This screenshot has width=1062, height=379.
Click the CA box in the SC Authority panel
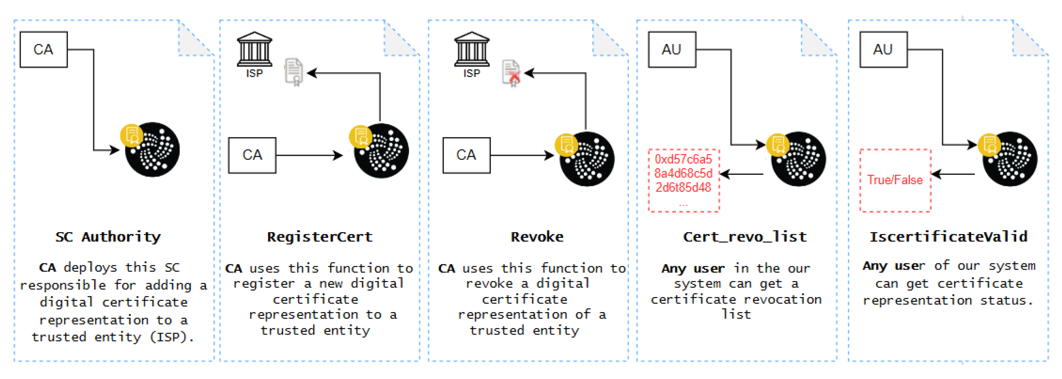43,50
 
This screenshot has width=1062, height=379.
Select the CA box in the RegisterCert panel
252,155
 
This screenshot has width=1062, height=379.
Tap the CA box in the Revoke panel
466,155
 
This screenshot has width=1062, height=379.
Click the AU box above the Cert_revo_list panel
671,50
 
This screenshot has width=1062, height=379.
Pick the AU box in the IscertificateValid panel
883,50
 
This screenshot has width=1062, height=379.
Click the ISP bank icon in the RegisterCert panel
255,50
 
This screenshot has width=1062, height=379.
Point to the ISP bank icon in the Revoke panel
472,50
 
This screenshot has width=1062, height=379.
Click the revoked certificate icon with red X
511,73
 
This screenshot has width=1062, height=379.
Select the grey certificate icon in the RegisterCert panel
294,72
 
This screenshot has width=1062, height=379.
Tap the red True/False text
895,180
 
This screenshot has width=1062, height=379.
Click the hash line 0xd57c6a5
683,159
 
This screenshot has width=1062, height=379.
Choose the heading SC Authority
108,237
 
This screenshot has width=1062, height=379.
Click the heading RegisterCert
320,237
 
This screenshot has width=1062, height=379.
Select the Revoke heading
537,237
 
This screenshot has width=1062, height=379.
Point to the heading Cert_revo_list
745,237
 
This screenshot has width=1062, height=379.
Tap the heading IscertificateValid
948,237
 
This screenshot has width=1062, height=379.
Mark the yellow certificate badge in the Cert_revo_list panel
777,144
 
